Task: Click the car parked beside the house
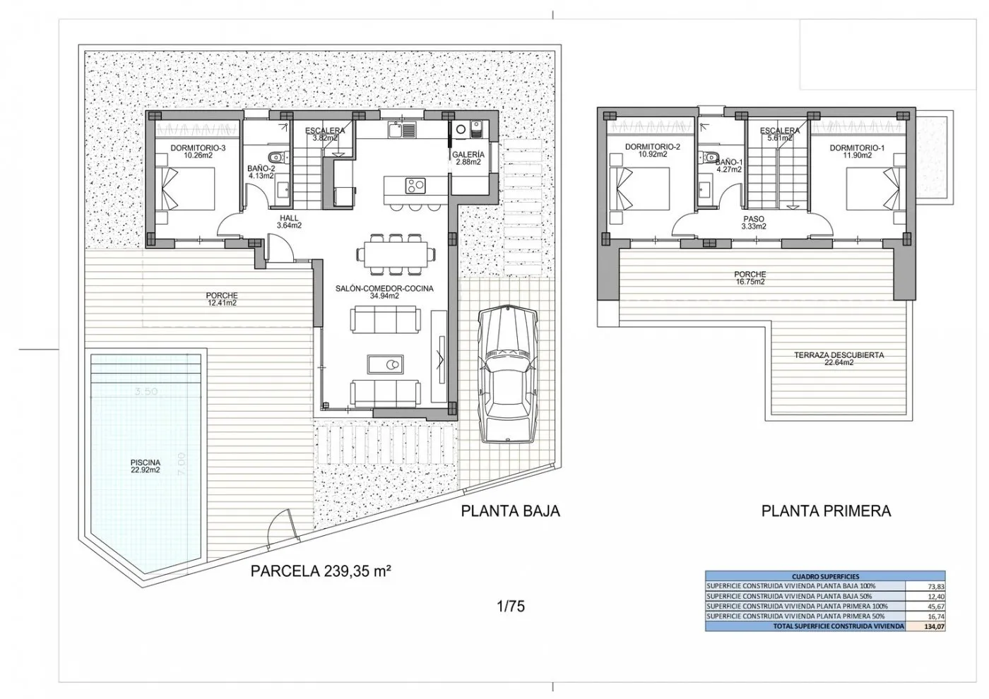[x=507, y=373]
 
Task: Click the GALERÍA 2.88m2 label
[x=468, y=158]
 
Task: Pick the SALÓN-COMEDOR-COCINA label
[x=385, y=292]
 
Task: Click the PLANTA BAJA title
[x=510, y=510]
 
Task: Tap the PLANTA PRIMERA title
[x=826, y=510]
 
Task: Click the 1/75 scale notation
[x=511, y=605]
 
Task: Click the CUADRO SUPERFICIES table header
[x=825, y=576]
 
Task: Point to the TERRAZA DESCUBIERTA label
[x=839, y=359]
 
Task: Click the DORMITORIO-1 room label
[x=857, y=152]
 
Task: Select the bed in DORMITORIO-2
[x=641, y=189]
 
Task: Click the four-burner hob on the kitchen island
[x=413, y=186]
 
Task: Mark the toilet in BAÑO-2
[x=276, y=157]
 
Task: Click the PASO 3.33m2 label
[x=754, y=223]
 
